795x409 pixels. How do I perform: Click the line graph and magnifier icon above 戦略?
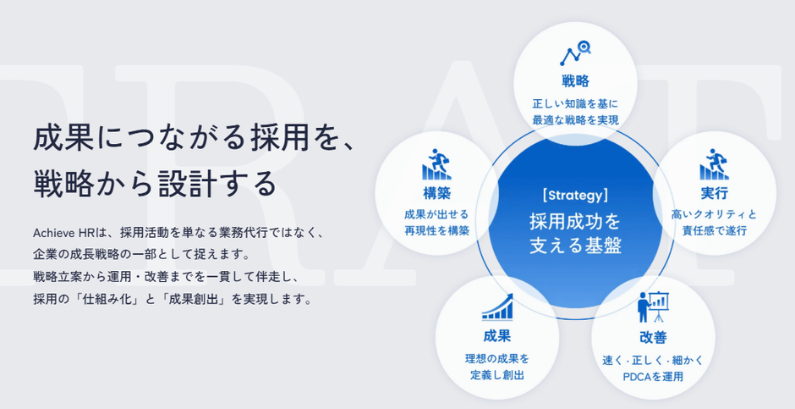point(575,53)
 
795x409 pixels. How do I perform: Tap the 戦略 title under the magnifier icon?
point(575,80)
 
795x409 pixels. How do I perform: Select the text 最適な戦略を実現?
point(575,120)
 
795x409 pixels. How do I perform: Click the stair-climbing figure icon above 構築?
point(436,164)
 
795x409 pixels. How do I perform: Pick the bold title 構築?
point(436,193)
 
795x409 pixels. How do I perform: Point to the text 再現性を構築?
point(436,231)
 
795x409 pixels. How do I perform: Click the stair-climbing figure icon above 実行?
point(714,164)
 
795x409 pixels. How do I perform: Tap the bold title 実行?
point(714,193)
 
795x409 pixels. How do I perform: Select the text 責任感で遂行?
point(714,231)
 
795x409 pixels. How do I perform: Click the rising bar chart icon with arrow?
point(497,307)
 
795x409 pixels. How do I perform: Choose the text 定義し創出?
point(497,375)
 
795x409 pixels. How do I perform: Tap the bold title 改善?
point(653,338)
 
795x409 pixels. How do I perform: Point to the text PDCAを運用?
point(653,377)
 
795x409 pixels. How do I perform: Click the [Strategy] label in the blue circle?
point(575,196)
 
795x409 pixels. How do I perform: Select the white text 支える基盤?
point(575,246)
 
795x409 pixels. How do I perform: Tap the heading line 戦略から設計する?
point(155,184)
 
